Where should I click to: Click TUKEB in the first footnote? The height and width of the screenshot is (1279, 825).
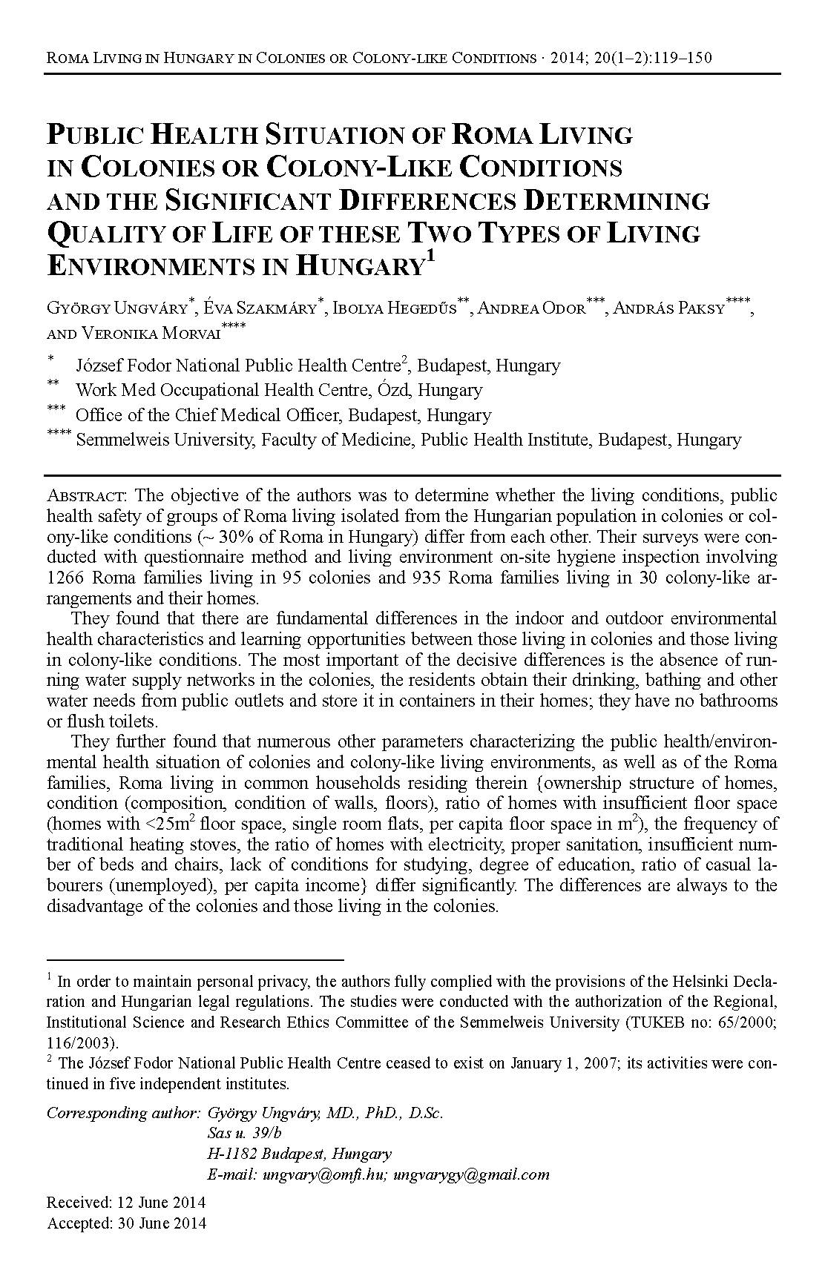651,1022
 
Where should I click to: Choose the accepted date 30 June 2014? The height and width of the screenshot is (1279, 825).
162,1223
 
